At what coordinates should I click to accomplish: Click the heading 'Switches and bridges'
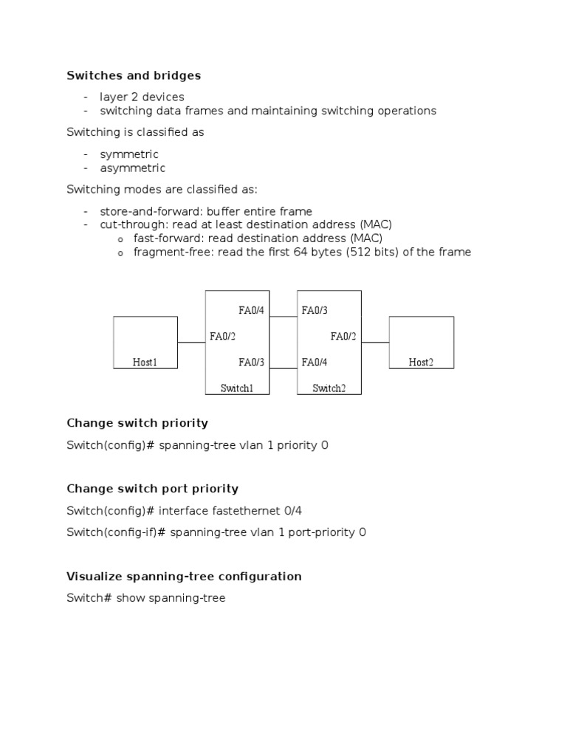click(134, 75)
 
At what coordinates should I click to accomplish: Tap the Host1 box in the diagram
click(145, 343)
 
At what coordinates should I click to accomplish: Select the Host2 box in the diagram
click(421, 343)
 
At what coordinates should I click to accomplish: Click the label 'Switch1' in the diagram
click(236, 388)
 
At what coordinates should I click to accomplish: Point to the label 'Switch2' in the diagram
click(329, 388)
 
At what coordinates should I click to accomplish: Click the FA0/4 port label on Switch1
click(251, 311)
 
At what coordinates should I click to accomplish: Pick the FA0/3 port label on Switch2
click(315, 311)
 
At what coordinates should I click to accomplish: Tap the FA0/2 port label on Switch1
click(222, 337)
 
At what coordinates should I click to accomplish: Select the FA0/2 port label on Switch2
click(343, 337)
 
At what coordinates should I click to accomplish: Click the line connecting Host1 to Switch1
click(191, 343)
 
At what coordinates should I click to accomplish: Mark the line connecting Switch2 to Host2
click(375, 343)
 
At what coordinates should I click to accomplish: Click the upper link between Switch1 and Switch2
click(283, 317)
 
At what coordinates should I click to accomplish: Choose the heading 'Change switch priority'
click(137, 423)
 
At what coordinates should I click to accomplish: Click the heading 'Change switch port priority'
click(152, 489)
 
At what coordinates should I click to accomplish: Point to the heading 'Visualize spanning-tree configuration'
click(184, 576)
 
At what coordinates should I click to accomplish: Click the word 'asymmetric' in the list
click(133, 168)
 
